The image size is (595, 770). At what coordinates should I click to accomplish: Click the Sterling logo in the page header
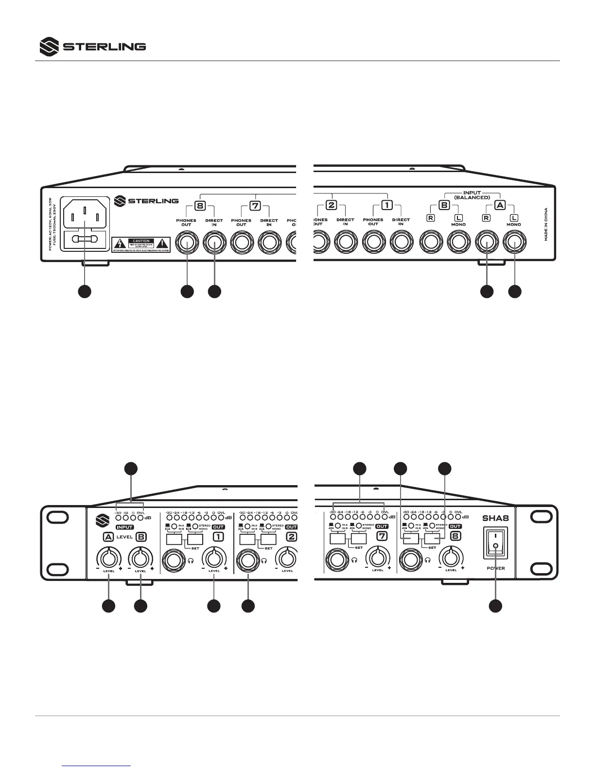tap(92, 47)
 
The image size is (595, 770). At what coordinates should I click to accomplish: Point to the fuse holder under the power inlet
tap(85, 239)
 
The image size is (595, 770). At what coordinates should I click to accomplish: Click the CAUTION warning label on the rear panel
tap(141, 244)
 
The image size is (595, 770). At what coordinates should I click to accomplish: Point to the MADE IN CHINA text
tap(546, 224)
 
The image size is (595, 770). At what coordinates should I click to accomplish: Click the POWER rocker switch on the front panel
tap(495, 546)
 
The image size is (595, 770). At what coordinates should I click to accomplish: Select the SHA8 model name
tap(495, 519)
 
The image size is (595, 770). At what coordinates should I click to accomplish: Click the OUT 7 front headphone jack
tap(336, 559)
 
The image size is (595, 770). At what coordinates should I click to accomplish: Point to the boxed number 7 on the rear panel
tap(255, 206)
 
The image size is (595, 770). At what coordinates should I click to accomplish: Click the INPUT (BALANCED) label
tap(472, 195)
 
